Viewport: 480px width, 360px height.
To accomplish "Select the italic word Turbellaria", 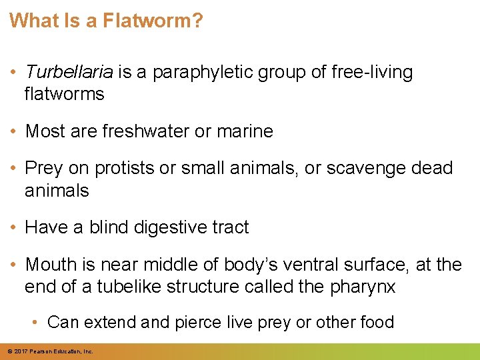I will point(69,72).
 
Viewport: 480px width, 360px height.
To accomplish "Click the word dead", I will point(431,169).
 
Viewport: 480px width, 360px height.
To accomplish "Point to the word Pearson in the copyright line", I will point(43,351).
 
